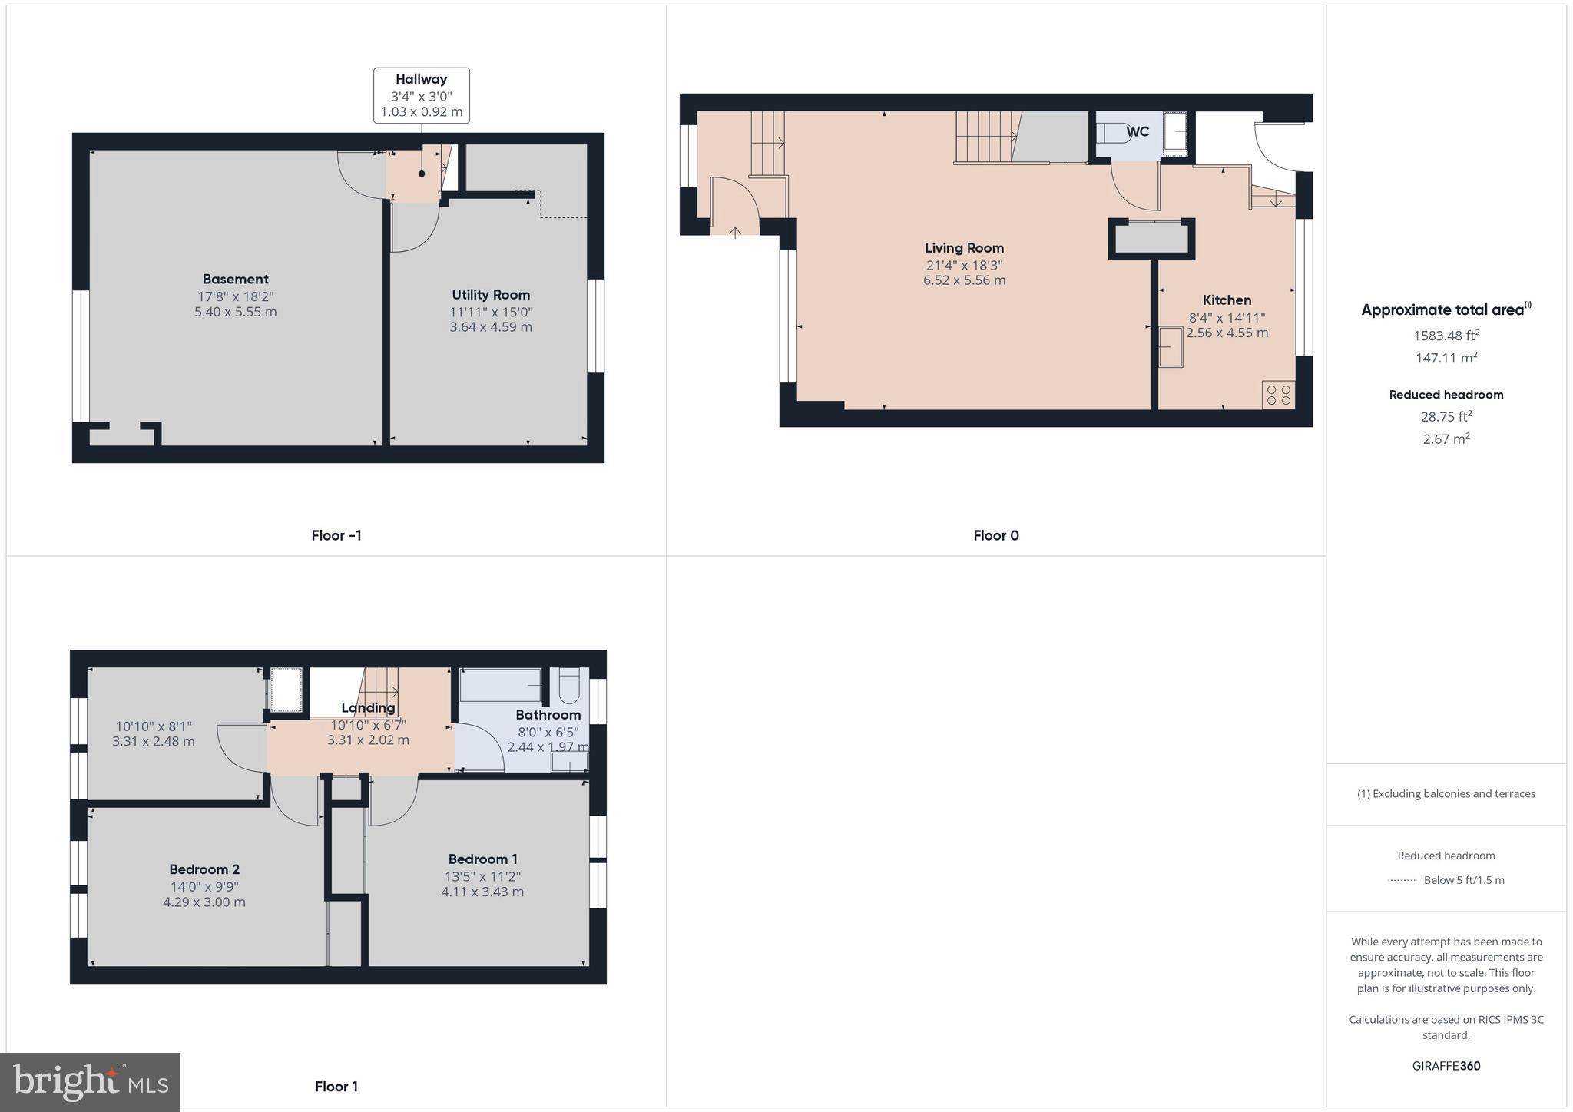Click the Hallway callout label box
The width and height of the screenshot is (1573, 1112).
click(x=421, y=95)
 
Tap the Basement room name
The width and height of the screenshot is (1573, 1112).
click(x=235, y=279)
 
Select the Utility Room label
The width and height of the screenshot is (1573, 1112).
click(x=490, y=295)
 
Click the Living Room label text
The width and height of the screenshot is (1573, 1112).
click(x=964, y=248)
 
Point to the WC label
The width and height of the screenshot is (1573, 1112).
click(x=1138, y=132)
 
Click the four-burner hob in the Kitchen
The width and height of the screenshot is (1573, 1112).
click(x=1278, y=395)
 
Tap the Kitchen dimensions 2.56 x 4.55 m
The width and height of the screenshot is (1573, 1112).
click(x=1227, y=333)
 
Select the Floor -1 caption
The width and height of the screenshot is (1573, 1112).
click(x=336, y=535)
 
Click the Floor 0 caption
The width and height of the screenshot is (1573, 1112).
click(x=995, y=535)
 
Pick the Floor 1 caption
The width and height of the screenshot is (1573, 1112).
click(x=336, y=1086)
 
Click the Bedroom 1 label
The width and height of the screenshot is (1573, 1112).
click(x=482, y=859)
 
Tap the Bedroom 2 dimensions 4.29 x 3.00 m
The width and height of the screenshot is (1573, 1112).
click(x=204, y=902)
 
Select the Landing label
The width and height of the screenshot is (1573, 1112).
click(x=368, y=707)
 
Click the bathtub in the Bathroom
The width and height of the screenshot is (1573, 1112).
click(x=500, y=685)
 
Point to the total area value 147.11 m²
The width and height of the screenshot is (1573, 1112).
click(x=1446, y=357)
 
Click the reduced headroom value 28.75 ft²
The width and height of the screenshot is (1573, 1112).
click(x=1446, y=417)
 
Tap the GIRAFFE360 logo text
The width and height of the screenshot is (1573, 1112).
click(x=1446, y=1066)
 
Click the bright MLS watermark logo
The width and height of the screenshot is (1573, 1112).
click(x=90, y=1082)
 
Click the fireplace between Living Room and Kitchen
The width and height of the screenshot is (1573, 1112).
click(x=1151, y=239)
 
